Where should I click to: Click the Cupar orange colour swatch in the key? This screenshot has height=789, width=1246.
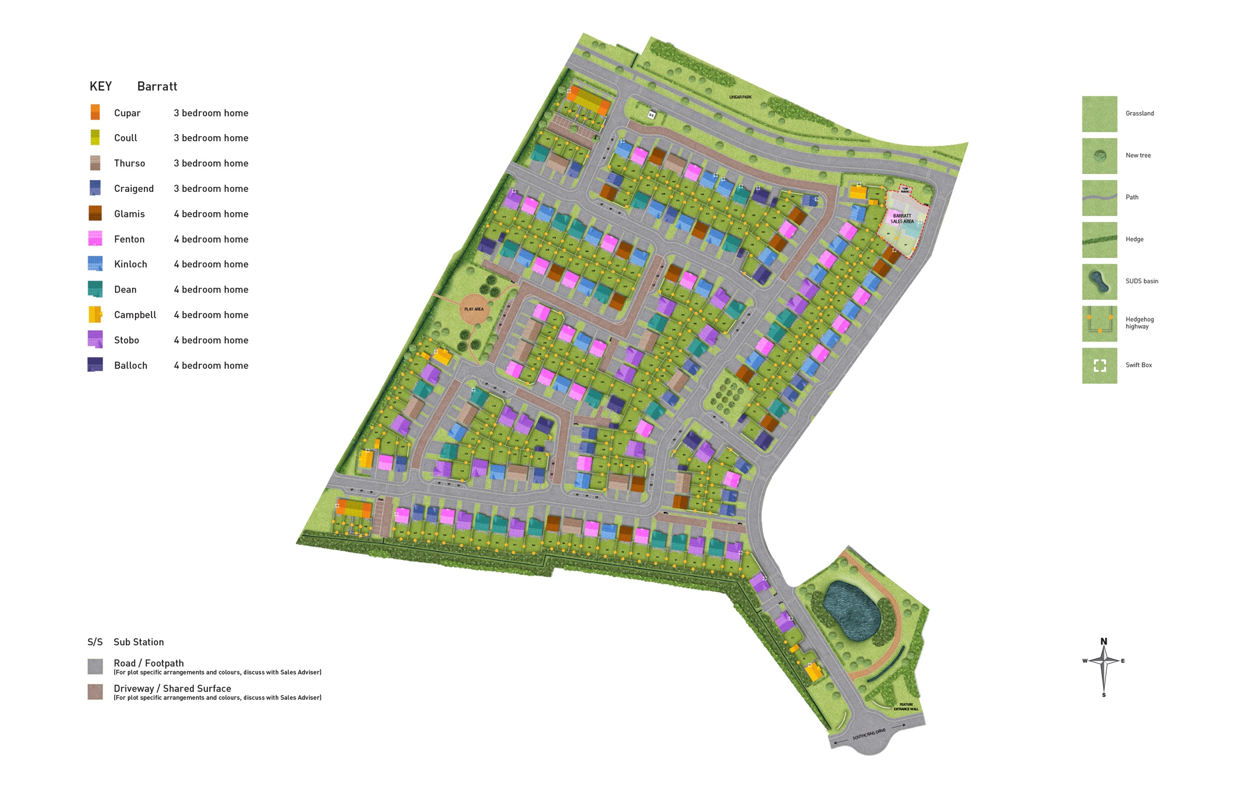click(x=95, y=112)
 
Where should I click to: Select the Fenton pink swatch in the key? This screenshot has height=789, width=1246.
click(x=95, y=238)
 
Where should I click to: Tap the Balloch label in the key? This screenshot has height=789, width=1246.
click(x=131, y=365)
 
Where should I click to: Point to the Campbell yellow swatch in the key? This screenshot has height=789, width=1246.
click(x=95, y=314)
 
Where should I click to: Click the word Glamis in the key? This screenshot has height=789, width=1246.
click(x=130, y=214)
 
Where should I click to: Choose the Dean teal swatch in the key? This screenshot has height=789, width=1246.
click(x=95, y=289)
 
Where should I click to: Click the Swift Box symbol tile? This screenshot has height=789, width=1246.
click(x=1099, y=365)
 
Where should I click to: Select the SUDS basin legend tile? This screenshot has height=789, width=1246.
click(x=1099, y=281)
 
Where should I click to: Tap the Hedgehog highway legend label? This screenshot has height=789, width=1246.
click(x=1139, y=323)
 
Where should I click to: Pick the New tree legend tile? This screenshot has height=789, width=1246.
click(x=1099, y=156)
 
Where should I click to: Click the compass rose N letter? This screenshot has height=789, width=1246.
click(x=1104, y=642)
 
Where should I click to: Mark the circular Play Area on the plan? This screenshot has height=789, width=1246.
click(x=474, y=309)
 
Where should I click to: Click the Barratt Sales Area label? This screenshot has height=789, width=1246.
click(x=902, y=219)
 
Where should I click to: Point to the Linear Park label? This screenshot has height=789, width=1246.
click(x=740, y=97)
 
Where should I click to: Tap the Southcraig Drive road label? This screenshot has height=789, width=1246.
click(x=869, y=734)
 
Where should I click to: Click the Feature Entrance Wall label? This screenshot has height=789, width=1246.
click(x=906, y=707)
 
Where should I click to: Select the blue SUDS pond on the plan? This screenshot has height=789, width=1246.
click(x=851, y=611)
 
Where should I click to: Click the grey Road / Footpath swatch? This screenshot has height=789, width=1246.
click(x=95, y=666)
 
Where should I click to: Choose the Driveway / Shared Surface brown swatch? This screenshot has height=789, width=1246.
click(x=95, y=692)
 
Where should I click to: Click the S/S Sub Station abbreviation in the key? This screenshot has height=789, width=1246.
click(x=95, y=642)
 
